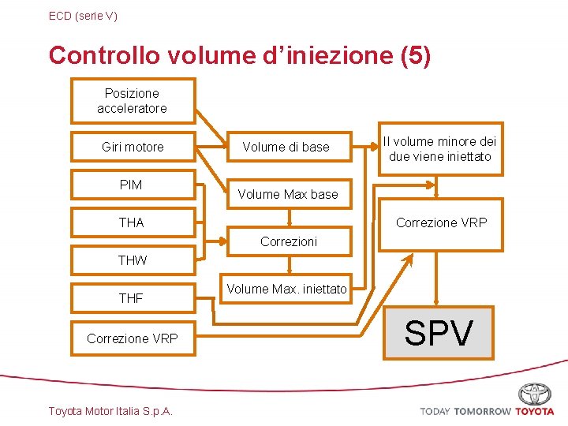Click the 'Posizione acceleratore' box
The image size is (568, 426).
pos(133,101)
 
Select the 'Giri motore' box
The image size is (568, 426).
pos(133,147)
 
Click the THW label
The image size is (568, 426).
pos(133,260)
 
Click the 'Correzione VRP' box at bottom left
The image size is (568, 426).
pos(133,338)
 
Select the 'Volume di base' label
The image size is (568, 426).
pos(286,147)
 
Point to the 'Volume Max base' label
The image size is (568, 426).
pos(288,194)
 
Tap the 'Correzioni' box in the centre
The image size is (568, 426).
pos(289,241)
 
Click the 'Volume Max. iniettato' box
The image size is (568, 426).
pos(286,290)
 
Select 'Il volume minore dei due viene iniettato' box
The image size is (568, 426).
pos(439,148)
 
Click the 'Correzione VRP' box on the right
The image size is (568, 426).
pos(441,223)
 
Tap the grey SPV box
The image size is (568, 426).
pos(439,333)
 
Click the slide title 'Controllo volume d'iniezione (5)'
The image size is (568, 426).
pos(240,56)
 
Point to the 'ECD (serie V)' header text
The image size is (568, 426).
pos(83,16)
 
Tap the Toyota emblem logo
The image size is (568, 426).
pos(535,394)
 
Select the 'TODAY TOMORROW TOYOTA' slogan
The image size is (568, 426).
pos(487,411)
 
